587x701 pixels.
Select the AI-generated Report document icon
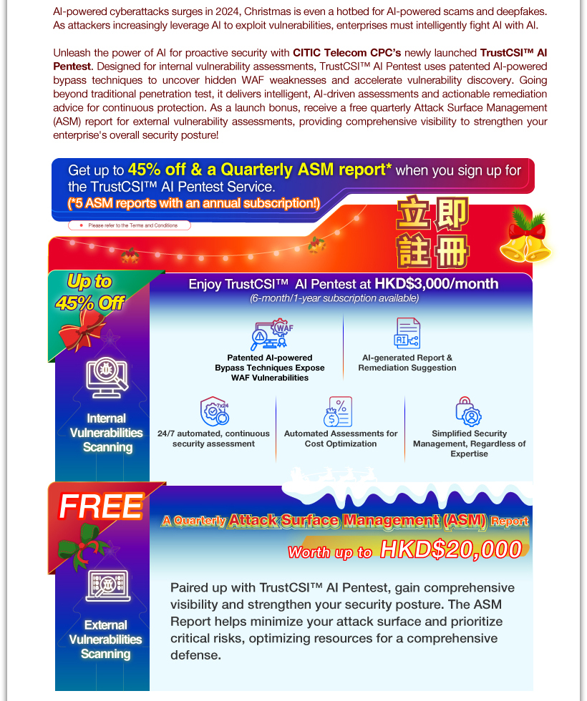[407, 333]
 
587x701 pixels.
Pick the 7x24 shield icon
[213, 411]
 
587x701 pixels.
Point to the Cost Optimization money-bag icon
[338, 412]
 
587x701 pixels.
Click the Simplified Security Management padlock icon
[468, 412]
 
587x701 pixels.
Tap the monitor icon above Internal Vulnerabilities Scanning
[107, 378]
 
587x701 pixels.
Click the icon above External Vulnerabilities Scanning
[107, 585]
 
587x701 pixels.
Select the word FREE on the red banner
[100, 506]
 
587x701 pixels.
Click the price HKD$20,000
[451, 549]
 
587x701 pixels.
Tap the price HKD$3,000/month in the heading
[436, 283]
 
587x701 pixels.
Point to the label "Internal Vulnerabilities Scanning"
[106, 433]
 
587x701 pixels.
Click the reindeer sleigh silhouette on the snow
[336, 474]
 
